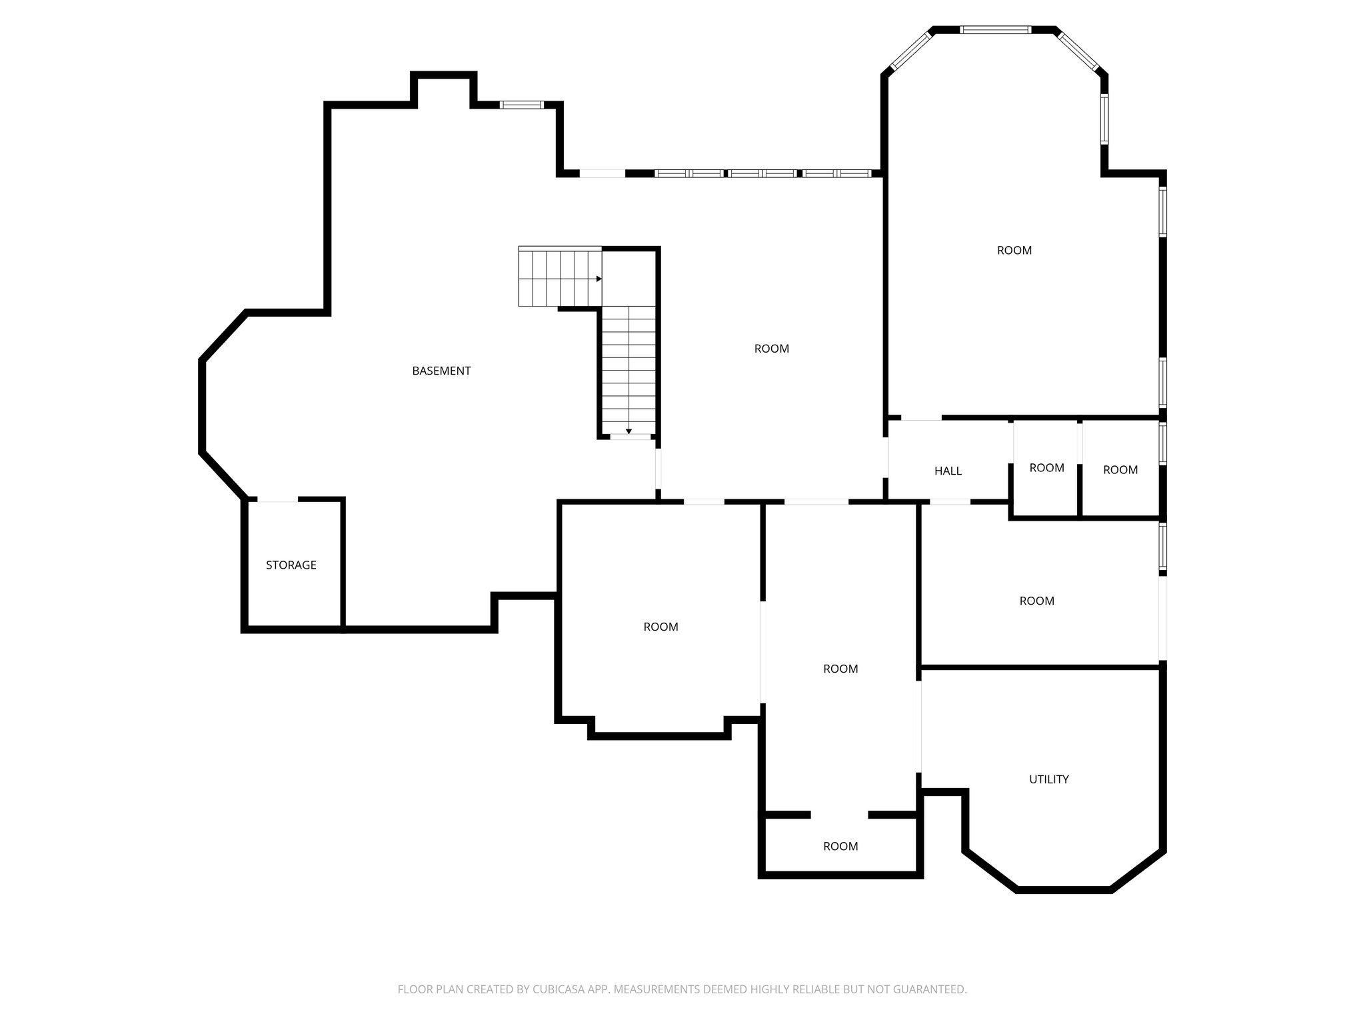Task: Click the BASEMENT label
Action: pos(441,371)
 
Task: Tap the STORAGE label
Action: pos(291,565)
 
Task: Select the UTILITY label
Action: pos(1048,779)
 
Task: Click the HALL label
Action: pos(948,471)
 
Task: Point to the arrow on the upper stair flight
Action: pos(599,279)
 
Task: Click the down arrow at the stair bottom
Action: pos(629,431)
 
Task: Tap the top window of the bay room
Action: pos(995,29)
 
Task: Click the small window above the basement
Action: pos(522,105)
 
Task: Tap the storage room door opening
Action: pos(277,499)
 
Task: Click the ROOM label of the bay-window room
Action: pos(1014,250)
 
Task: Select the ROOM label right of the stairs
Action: pos(771,348)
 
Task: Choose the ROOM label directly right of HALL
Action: pos(1046,467)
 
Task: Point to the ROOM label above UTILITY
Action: pos(1036,601)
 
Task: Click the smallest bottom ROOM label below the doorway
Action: pos(840,846)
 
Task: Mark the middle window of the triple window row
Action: pos(762,173)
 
